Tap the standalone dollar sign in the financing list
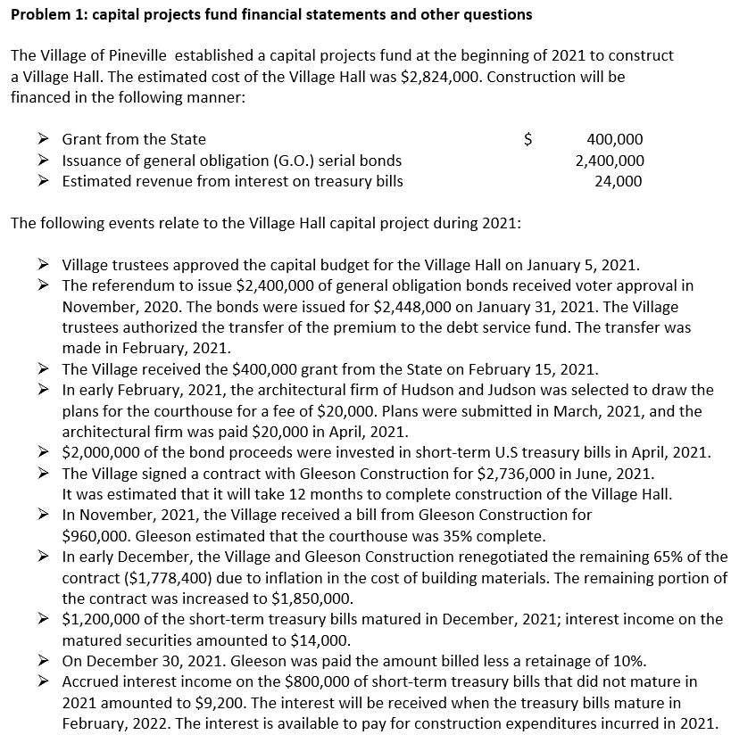[x=528, y=139]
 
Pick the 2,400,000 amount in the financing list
[x=610, y=161]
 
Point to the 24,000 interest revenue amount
[x=618, y=182]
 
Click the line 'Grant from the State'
[x=134, y=139]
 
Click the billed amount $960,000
[x=98, y=536]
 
